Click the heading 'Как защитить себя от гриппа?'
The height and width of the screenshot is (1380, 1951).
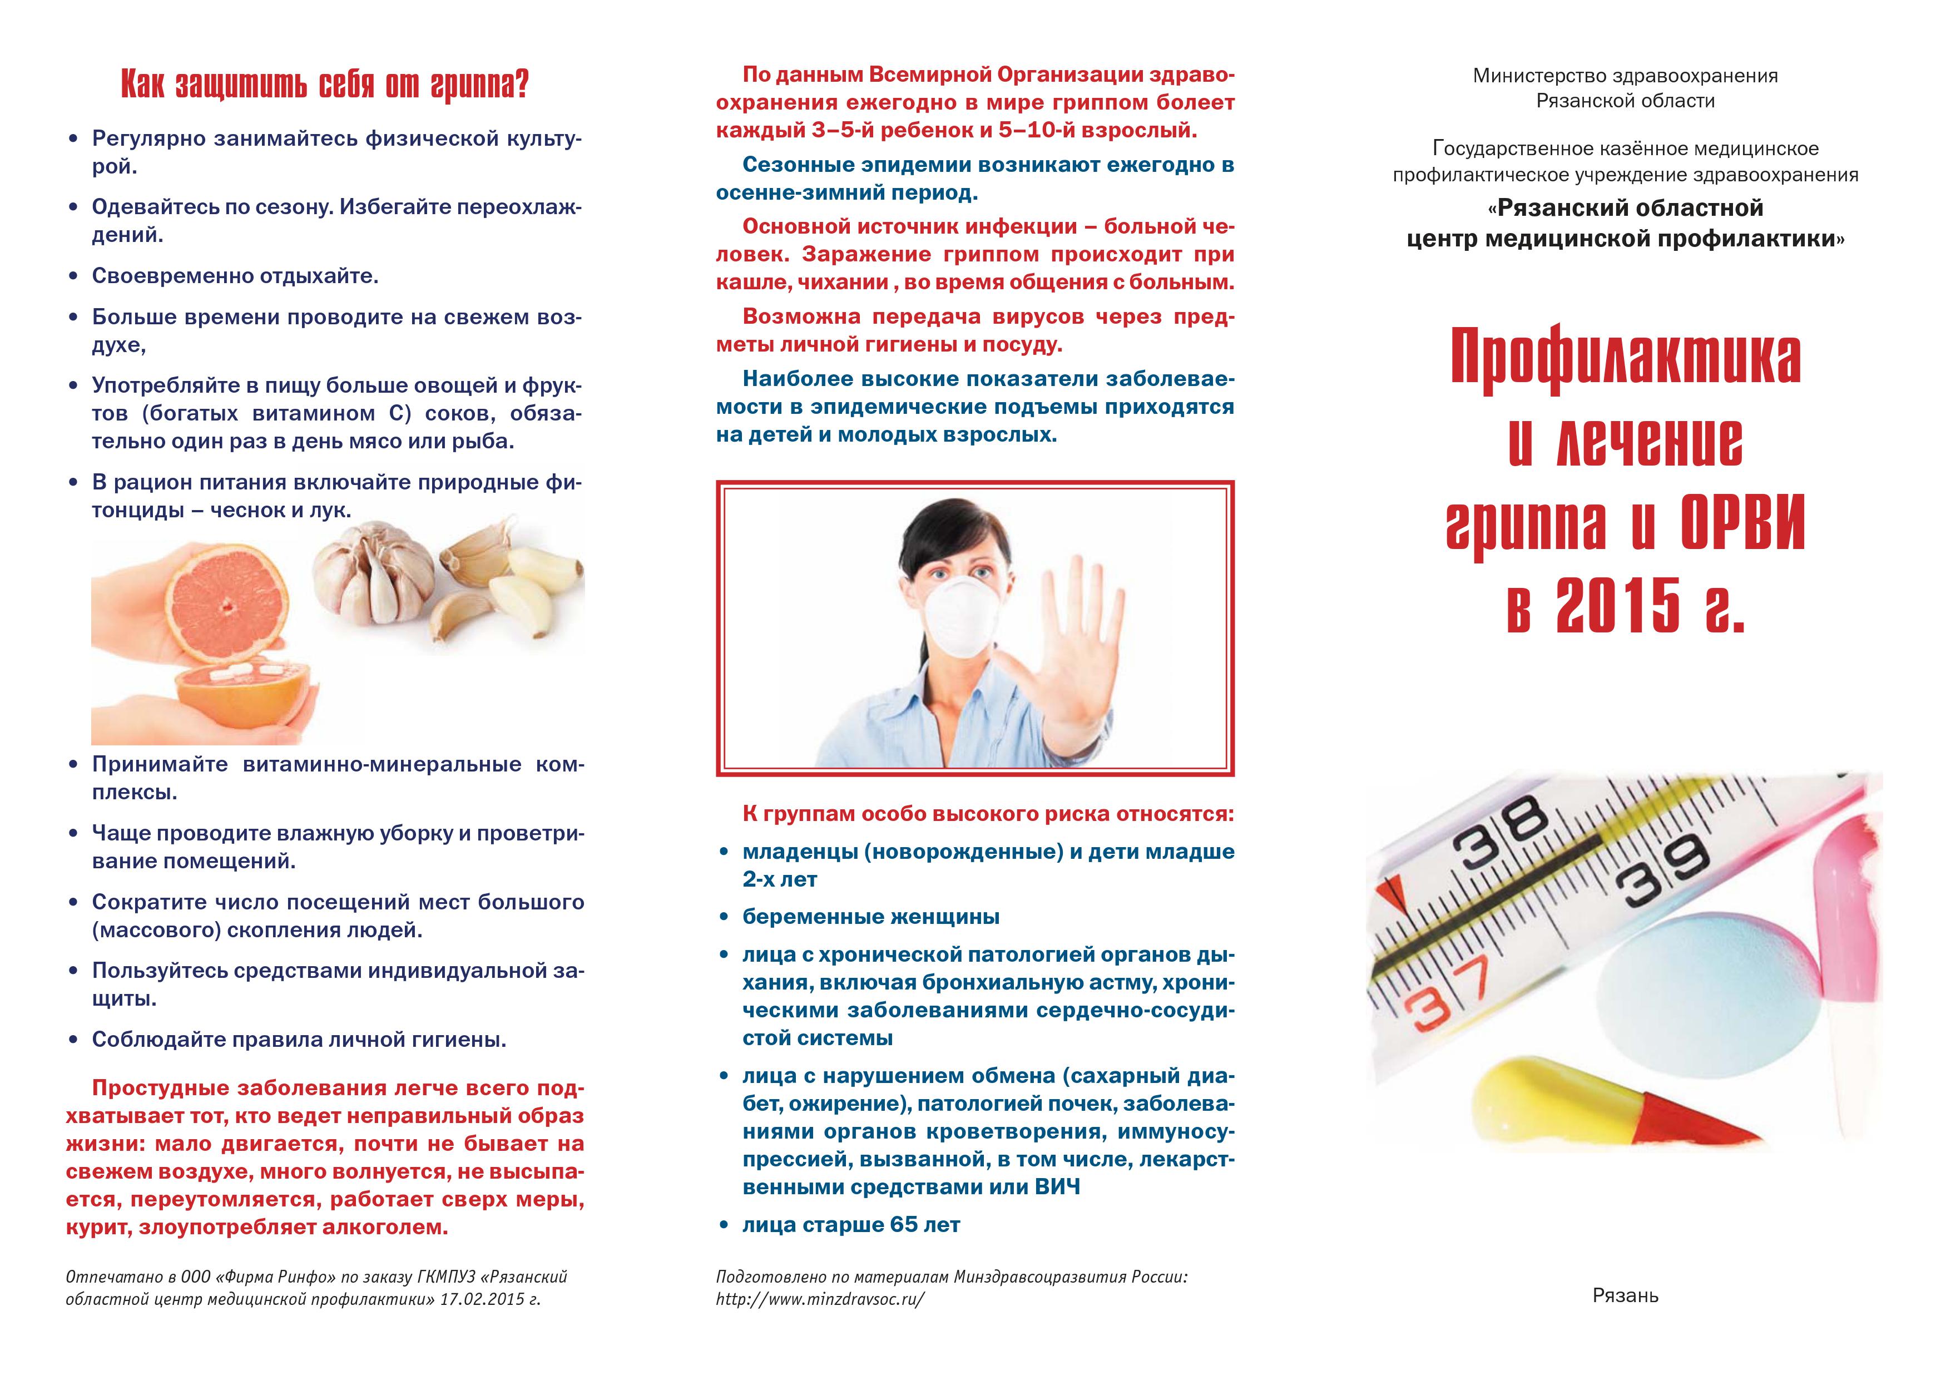(x=325, y=86)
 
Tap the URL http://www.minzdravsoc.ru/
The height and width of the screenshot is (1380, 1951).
(x=819, y=1323)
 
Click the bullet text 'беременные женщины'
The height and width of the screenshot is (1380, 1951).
(x=870, y=917)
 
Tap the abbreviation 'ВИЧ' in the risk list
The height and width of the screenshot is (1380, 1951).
(x=1057, y=1187)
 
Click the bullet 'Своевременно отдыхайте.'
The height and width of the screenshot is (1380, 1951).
(x=235, y=276)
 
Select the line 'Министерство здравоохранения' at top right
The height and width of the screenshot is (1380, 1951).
(x=1625, y=76)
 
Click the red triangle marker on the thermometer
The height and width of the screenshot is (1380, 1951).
(x=1389, y=892)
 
